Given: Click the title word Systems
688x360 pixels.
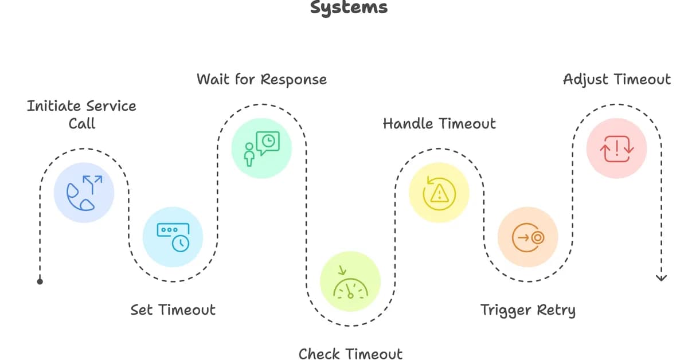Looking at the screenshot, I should click(x=349, y=7).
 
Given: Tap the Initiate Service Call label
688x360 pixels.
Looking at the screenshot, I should click(x=81, y=114).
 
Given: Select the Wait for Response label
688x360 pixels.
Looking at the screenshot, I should click(x=261, y=79).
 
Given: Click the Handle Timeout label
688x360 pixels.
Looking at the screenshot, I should click(x=439, y=123).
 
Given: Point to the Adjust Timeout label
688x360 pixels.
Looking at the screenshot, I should click(x=616, y=79).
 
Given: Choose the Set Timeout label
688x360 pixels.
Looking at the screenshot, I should click(x=173, y=310).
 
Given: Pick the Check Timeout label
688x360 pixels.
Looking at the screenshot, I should click(x=350, y=354).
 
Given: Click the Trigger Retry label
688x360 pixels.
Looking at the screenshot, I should click(x=527, y=310).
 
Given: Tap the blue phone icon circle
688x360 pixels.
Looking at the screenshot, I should click(x=84, y=193).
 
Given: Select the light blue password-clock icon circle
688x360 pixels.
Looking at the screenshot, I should click(x=173, y=237).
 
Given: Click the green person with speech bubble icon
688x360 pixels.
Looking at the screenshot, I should click(x=261, y=148).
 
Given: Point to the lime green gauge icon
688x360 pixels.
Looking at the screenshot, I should click(x=350, y=281).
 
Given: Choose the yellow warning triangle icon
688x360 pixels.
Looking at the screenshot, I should click(x=439, y=193).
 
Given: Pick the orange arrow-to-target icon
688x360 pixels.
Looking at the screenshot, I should click(x=527, y=237).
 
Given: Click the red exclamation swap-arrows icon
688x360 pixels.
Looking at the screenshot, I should click(x=616, y=148).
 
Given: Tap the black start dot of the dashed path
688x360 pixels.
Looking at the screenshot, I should click(x=40, y=281).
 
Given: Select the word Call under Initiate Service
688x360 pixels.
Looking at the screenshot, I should click(x=81, y=123).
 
